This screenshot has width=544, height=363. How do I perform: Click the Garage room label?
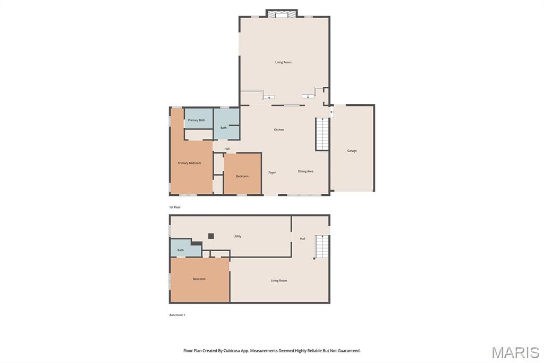tap(352, 151)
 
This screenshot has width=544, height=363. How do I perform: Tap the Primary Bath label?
tap(197, 120)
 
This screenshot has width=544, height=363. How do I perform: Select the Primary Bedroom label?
tap(190, 163)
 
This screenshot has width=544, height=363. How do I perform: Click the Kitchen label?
tap(279, 130)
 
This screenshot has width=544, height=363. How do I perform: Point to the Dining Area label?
tap(305, 171)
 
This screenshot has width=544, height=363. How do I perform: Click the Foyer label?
tap(272, 172)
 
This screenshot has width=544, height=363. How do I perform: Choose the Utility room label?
tap(237, 236)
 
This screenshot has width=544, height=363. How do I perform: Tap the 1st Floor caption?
tap(175, 207)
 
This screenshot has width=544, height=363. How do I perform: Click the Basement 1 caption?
tap(177, 315)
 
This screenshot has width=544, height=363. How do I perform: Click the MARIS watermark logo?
tap(515, 352)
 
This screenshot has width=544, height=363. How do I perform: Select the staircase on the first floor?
tap(322, 134)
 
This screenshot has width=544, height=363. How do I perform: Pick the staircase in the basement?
tap(322, 246)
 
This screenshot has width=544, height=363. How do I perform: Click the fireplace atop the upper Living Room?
tap(282, 13)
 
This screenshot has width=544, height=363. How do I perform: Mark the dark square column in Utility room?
tap(211, 236)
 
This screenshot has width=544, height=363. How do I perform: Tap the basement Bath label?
tap(181, 250)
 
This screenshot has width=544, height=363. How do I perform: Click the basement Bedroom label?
tap(199, 279)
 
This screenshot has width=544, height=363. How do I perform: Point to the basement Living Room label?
tap(279, 280)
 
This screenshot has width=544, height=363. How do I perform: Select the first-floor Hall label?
tap(227, 149)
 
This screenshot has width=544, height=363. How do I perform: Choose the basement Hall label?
tap(302, 239)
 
